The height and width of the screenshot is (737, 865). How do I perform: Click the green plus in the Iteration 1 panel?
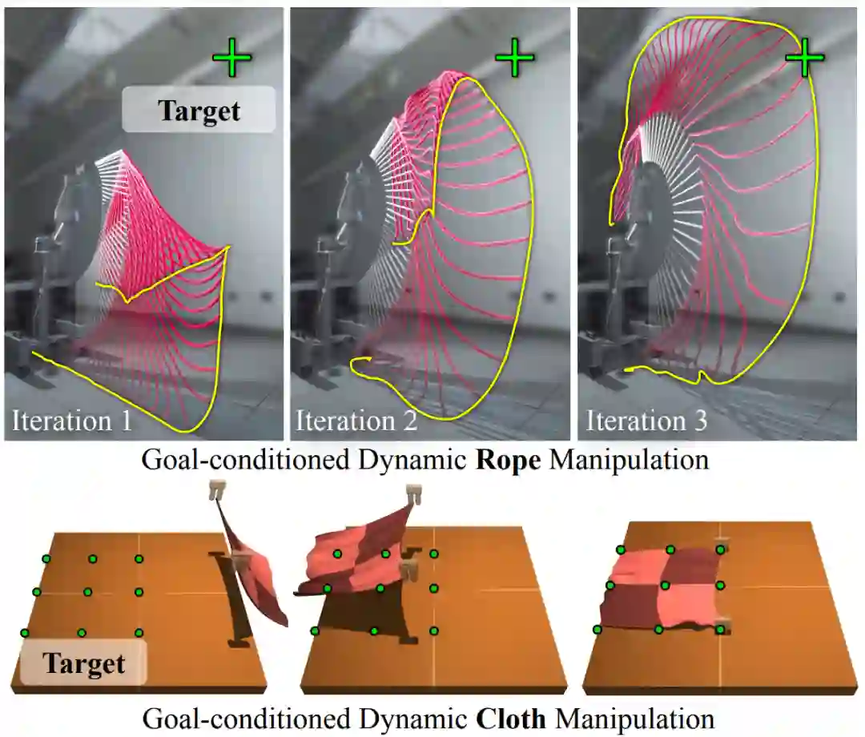[232, 58]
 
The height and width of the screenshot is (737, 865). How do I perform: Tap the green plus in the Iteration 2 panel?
[514, 58]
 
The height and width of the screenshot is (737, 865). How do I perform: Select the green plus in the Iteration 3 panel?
[804, 59]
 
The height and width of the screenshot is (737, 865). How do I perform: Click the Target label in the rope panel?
[199, 110]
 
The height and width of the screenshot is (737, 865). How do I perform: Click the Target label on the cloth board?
[84, 663]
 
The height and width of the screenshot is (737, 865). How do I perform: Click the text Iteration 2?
[356, 421]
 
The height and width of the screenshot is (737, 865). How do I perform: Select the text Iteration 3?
[646, 421]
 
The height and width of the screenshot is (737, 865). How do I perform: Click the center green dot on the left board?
[87, 592]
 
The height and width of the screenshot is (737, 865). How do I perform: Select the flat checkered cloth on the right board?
[666, 589]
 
